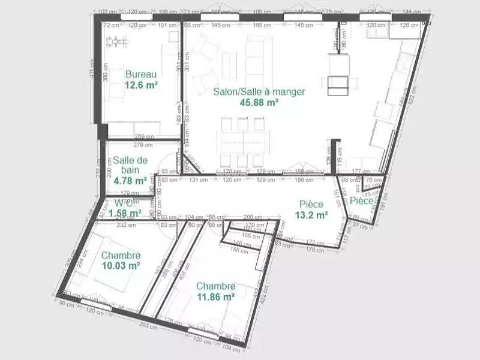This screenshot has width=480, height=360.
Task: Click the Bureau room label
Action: (141, 74)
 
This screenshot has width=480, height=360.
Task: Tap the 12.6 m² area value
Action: (141, 85)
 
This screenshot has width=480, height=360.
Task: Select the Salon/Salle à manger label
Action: (259, 92)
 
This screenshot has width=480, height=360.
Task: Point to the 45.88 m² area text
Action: (259, 103)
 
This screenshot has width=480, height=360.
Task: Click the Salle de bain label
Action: (130, 165)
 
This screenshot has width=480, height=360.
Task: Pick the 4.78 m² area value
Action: (130, 180)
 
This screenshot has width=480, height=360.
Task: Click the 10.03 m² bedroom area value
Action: (121, 266)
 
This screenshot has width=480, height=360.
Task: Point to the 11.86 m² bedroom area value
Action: (215, 296)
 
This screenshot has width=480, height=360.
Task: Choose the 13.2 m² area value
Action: (311, 215)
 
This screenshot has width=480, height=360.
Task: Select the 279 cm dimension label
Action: (142, 145)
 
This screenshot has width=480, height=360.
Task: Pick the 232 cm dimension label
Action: (126, 225)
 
